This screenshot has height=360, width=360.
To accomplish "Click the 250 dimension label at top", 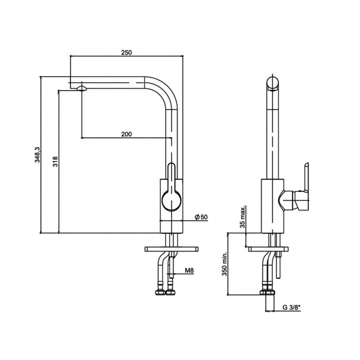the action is point(127,53).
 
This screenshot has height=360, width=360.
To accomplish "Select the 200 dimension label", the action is point(127,134).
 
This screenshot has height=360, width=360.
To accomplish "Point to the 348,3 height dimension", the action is point(37,155).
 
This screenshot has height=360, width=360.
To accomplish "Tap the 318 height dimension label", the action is point(55,162).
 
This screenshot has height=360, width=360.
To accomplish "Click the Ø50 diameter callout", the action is point(201,217).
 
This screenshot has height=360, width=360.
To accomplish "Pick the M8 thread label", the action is point(189,271).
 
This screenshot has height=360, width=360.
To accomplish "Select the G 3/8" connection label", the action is point(291,307).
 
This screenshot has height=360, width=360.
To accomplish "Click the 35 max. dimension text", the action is point(242,217).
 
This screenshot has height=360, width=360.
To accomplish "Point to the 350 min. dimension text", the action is point(224,264).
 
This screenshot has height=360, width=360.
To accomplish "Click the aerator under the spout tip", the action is point(82,89).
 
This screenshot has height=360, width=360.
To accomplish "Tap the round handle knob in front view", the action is point(172,201).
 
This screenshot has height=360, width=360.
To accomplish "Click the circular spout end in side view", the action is point(272,83).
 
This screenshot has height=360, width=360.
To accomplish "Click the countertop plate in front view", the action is point(172,249).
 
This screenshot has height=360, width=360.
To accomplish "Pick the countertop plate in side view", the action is point(268,249).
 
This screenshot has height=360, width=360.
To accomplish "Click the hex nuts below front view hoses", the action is point(166,292).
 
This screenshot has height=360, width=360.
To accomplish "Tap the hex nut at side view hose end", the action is point(267,292).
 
